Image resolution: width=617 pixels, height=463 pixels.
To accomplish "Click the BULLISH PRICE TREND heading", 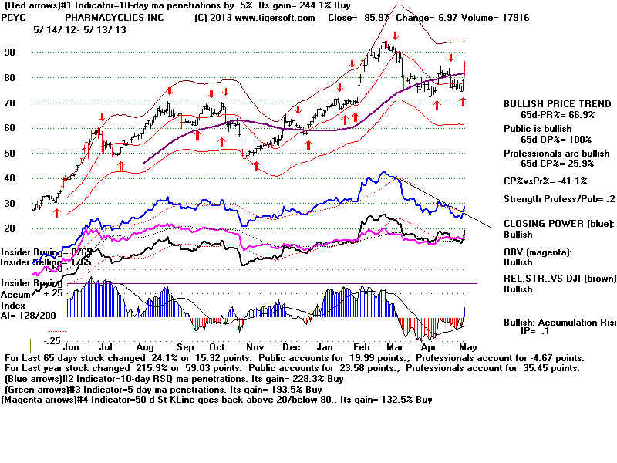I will pyautogui.click(x=549, y=103).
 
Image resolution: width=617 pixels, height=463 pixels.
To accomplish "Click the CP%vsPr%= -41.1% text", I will pyautogui.click(x=545, y=181).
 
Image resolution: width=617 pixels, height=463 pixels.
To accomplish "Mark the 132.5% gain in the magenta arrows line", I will pyautogui.click(x=373, y=400).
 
